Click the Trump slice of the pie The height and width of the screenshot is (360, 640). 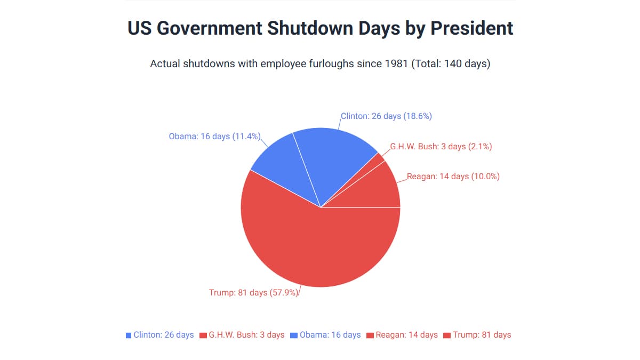[x=315, y=245]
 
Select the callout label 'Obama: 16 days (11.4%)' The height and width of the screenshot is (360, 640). [x=214, y=137]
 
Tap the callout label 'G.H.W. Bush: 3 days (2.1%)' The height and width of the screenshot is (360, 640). [x=441, y=147]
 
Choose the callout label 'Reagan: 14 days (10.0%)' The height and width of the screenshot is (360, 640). [x=453, y=177]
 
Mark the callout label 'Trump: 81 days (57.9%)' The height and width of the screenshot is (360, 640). [x=253, y=292]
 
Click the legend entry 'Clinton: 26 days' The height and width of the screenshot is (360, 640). [x=163, y=335]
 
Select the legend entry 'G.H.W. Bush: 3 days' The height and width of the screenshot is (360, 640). [x=246, y=335]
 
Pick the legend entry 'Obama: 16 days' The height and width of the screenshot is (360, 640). [x=330, y=335]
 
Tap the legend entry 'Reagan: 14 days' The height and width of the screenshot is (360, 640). [x=406, y=335]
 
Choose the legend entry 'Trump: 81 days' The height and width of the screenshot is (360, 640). [x=482, y=335]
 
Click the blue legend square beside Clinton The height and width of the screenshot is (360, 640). [x=129, y=335]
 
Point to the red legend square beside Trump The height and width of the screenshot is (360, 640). [x=448, y=335]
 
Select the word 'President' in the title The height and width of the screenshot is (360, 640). [x=472, y=28]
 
